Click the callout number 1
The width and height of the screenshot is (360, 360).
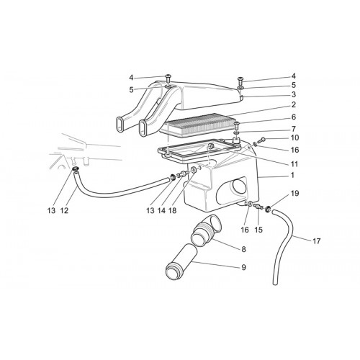tap(292, 175)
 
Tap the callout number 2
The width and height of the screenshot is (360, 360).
tap(294, 105)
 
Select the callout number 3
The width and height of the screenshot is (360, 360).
tap(294, 94)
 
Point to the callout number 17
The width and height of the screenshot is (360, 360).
tap(317, 241)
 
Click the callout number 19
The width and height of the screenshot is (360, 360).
tap(295, 193)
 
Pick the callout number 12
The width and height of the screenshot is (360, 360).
tap(64, 211)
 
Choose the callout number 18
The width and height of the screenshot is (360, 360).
tap(172, 211)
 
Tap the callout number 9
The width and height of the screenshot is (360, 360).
tap(243, 267)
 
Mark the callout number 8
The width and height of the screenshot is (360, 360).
tap(243, 249)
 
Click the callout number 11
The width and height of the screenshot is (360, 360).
tap(294, 164)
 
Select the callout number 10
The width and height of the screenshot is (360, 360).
tap(294, 138)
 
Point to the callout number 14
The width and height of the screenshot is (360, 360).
tap(161, 211)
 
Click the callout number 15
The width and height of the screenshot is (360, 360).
tap(258, 230)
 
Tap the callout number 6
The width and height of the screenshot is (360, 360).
tap(294, 117)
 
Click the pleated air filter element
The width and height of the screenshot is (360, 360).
tap(198, 125)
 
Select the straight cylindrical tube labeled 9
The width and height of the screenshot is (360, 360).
tap(181, 262)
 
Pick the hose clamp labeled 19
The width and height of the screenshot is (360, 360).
tap(268, 210)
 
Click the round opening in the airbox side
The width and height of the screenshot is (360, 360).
tap(238, 186)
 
